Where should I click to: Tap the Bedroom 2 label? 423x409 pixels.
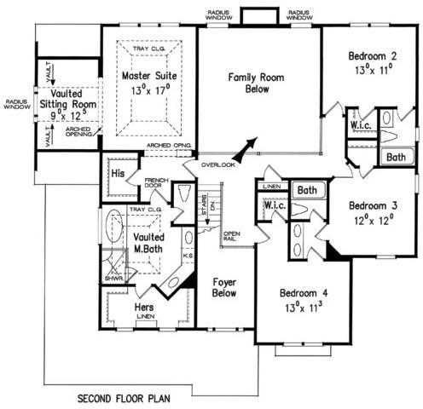pos(373,57)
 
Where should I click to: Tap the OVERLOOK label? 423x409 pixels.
pos(218,164)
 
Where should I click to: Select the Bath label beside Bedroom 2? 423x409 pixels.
pos(395,158)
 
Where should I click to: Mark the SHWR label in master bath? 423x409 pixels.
pos(111,275)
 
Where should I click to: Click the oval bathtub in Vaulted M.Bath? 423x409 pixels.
pos(113,234)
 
